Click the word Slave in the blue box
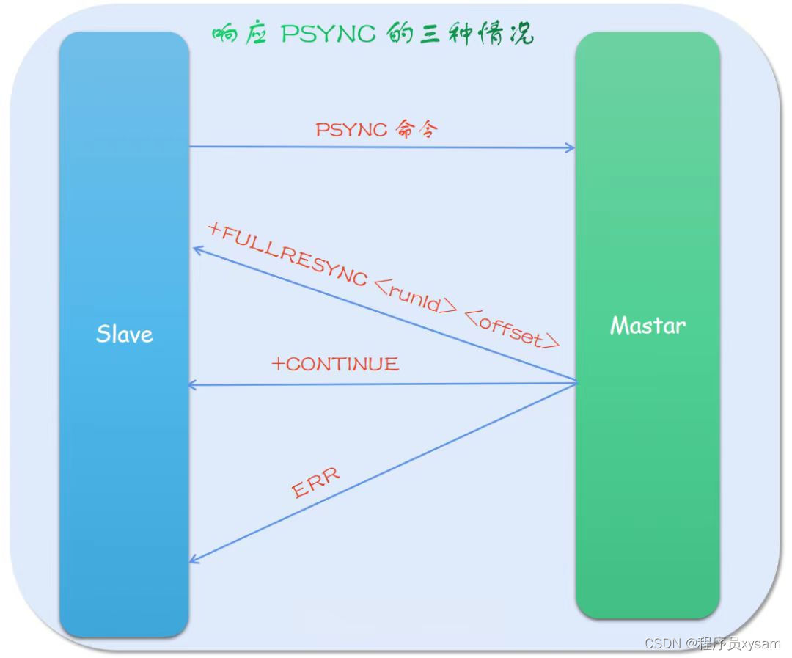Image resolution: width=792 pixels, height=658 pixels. point(125,335)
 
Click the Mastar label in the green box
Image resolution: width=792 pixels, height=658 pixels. point(648,325)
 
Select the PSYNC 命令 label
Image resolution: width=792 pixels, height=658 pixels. point(376,130)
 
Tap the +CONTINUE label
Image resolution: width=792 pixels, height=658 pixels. point(335,364)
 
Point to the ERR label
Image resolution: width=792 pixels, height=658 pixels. point(316,483)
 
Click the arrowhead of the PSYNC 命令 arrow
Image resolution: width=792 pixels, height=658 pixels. point(571,148)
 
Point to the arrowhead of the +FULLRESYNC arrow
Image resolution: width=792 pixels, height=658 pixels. point(197,250)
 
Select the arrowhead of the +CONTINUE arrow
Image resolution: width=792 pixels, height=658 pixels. point(193,384)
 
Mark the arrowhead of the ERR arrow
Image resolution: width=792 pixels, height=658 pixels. point(194,560)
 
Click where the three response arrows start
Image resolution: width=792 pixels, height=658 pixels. point(576,381)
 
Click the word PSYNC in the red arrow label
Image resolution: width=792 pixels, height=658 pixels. point(351,130)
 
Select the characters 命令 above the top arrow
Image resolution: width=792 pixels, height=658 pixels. point(417,130)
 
